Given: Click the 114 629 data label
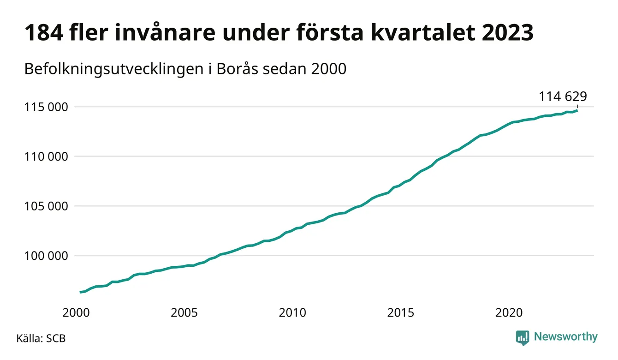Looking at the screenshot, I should [563, 96].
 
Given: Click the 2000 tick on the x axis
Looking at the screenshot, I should [76, 313].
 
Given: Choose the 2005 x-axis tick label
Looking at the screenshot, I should [184, 313].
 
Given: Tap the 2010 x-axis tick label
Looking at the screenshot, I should [292, 313].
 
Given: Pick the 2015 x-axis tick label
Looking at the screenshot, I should [400, 313].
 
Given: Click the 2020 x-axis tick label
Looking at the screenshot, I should [509, 313].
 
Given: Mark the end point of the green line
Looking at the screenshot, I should [577, 110].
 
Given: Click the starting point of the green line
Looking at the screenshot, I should [80, 292].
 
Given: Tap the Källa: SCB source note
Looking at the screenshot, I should [41, 338].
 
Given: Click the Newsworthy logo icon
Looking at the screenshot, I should [523, 337].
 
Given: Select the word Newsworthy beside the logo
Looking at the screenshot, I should [565, 337].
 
